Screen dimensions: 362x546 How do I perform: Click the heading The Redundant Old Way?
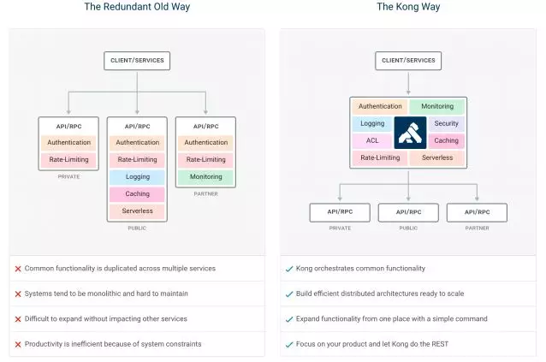pos(137,7)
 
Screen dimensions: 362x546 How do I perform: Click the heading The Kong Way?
pos(408,7)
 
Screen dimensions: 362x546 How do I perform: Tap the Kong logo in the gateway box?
pos(409,133)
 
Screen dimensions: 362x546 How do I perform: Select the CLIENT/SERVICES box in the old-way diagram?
pos(137,61)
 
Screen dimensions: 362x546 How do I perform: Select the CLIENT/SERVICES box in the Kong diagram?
pos(408,61)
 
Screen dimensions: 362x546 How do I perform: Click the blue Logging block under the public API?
pos(137,177)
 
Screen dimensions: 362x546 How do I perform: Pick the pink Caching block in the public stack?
pos(137,194)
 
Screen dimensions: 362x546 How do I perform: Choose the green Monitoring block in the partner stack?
pos(206,177)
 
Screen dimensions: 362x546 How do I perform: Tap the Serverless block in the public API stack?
pos(137,211)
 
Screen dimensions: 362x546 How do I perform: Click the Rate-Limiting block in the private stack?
pos(68,160)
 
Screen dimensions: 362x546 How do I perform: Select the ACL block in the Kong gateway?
pos(372,141)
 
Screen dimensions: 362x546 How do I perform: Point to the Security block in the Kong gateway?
pos(446,124)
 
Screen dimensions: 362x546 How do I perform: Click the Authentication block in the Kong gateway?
pos(380,107)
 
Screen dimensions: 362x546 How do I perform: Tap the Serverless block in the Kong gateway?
pos(437,158)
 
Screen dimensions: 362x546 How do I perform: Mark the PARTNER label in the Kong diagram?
pos(477,228)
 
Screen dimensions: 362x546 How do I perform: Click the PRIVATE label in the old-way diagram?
pos(68,176)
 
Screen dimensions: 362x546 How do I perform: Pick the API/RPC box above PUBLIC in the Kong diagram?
pos(408,212)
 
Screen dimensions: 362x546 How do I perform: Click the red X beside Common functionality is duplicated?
pos(18,269)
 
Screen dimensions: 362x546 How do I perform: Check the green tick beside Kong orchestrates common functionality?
pos(289,269)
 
